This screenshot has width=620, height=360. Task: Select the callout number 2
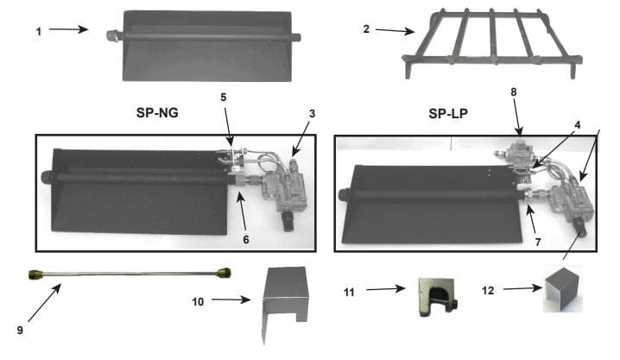pyautogui.click(x=367, y=28)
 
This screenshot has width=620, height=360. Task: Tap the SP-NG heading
pyautogui.click(x=156, y=111)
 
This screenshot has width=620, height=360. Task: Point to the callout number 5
pyautogui.click(x=224, y=98)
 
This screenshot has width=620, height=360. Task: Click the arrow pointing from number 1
pyautogui.click(x=69, y=29)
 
